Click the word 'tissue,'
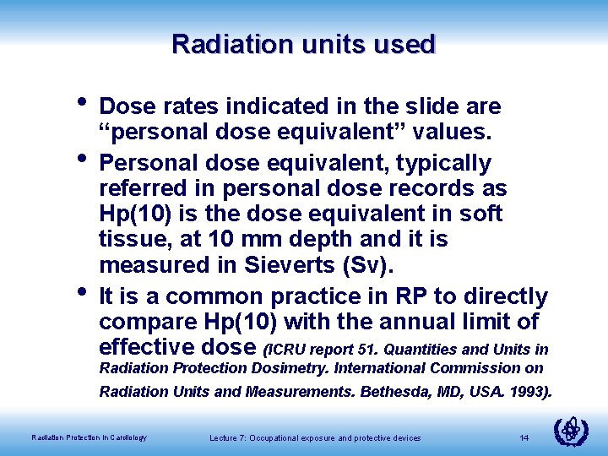tap(134, 240)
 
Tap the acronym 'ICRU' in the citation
tap(290, 350)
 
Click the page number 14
tap(524, 437)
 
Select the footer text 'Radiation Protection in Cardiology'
tap(89, 437)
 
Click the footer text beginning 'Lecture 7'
tap(314, 437)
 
